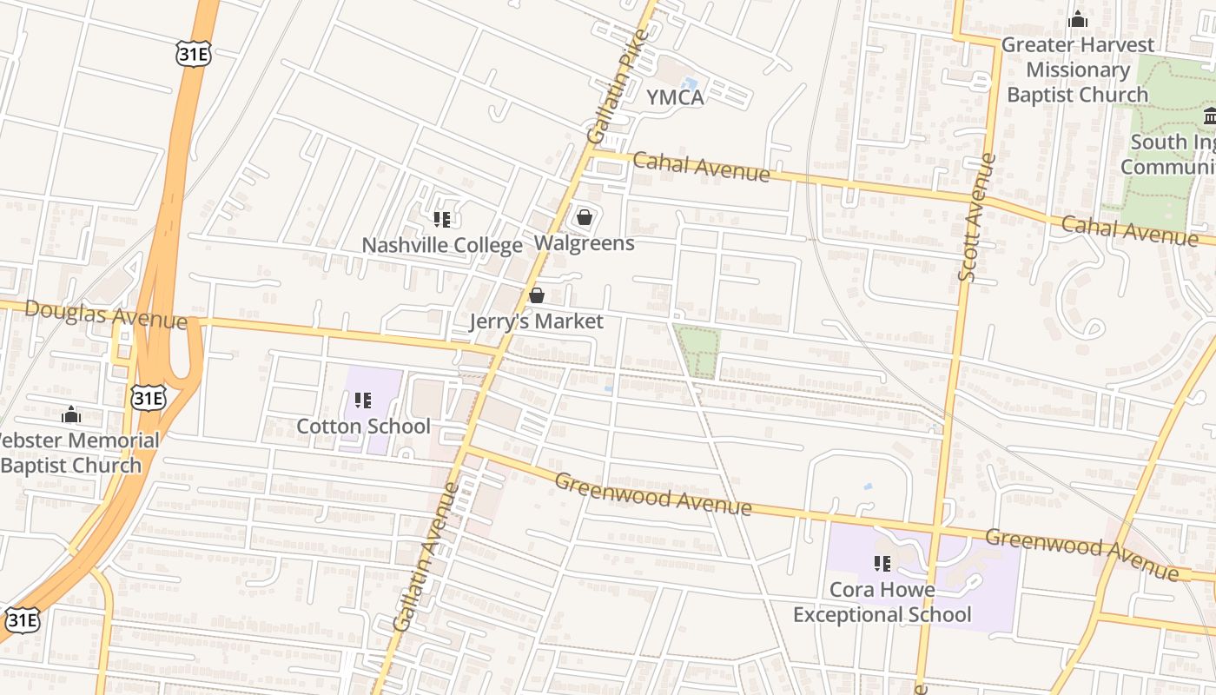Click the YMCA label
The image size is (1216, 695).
click(675, 97)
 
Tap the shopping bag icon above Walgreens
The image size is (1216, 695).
click(585, 216)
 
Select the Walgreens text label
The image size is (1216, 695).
click(584, 242)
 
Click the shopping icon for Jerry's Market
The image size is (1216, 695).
click(537, 295)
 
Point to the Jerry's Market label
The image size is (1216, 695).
click(536, 321)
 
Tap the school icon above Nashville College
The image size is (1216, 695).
click(441, 220)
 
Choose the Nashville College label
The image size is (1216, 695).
click(442, 245)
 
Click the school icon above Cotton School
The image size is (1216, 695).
click(363, 400)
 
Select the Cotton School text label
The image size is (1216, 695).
click(363, 426)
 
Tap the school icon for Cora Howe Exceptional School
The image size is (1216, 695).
click(882, 564)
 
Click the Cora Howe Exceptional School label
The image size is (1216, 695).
click(882, 602)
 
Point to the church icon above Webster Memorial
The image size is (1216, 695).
click(71, 414)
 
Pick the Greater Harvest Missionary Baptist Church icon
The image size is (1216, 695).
click(1078, 18)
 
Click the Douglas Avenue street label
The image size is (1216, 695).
click(106, 314)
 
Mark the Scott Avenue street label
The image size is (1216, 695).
click(977, 217)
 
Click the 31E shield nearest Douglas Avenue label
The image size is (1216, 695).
click(148, 398)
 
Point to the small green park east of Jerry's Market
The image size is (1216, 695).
click(698, 351)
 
